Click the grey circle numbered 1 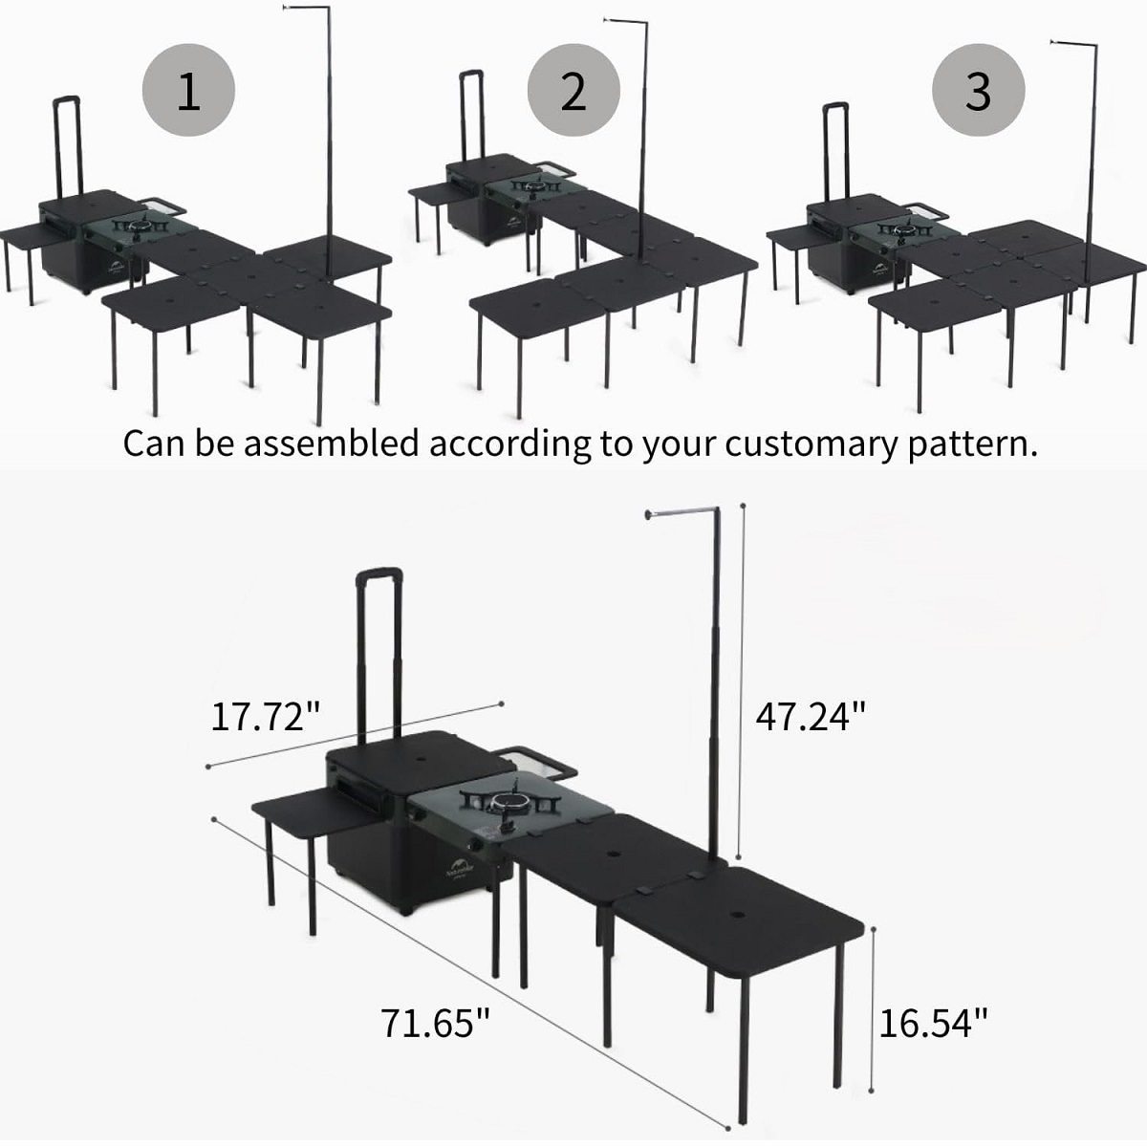188,91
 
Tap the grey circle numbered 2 573,91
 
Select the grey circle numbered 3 978,91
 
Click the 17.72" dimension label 266,716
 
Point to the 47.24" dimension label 811,716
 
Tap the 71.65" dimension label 435,1023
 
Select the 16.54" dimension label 933,1023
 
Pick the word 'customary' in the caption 811,445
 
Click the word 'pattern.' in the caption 973,445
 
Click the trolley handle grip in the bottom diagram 379,575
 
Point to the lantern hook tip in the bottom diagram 648,513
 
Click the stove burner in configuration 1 141,227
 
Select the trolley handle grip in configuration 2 470,75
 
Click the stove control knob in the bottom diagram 476,846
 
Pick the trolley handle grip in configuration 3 835,107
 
